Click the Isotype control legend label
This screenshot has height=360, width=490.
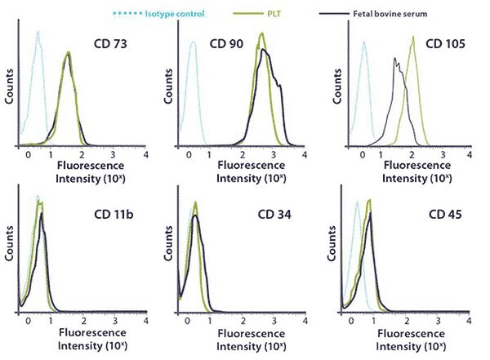pos(171,13)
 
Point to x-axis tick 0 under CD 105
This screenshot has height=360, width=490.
pos(364,155)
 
